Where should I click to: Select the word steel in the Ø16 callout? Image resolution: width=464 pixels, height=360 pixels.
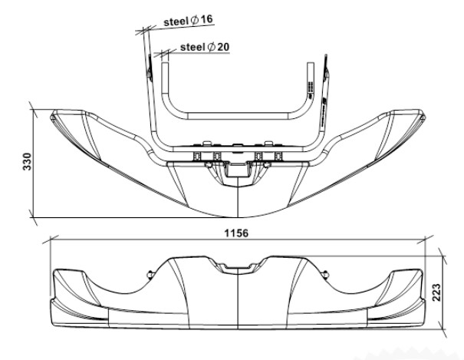176,23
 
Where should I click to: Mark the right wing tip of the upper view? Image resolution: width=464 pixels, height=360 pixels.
423,115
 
